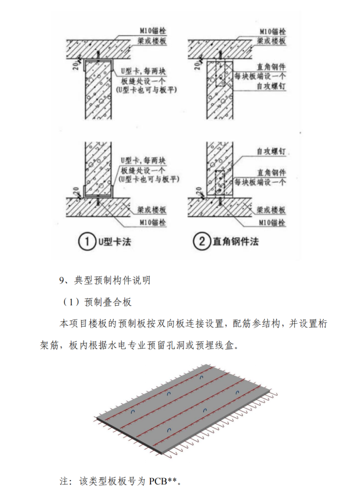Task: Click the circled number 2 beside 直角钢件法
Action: [201, 242]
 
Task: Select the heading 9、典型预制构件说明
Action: [105, 280]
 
